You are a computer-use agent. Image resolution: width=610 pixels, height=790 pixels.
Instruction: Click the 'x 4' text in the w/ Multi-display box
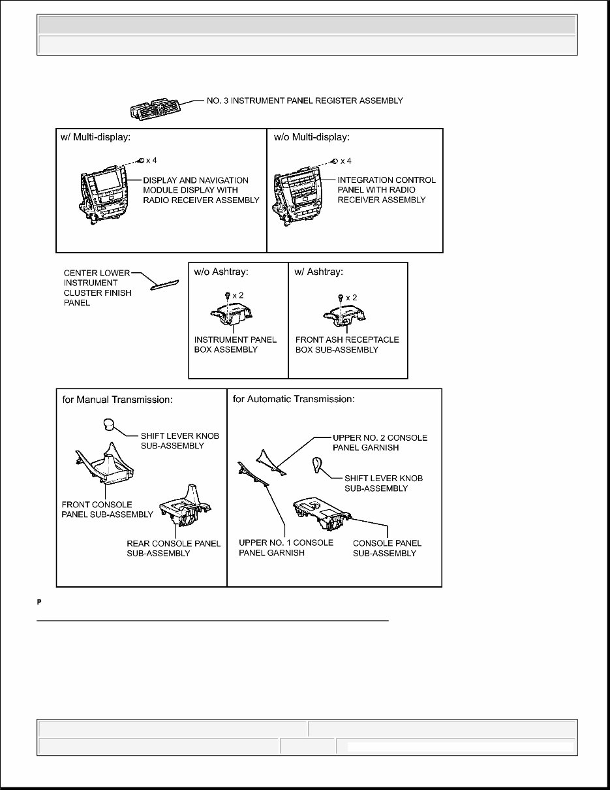tap(151, 161)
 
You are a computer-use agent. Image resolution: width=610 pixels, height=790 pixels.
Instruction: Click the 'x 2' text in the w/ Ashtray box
tap(351, 297)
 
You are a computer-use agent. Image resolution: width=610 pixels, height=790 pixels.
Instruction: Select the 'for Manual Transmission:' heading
tap(117, 399)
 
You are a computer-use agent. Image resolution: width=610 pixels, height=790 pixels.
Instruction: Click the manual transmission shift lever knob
tap(108, 426)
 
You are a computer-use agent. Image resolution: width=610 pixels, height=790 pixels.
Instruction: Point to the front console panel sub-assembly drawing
tap(106, 467)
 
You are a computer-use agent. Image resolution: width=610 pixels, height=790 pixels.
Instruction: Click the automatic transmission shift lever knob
tap(318, 466)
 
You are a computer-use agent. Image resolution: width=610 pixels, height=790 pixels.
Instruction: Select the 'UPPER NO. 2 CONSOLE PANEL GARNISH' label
tap(380, 443)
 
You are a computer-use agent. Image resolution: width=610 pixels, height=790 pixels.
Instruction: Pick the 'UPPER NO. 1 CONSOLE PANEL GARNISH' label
tap(286, 548)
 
